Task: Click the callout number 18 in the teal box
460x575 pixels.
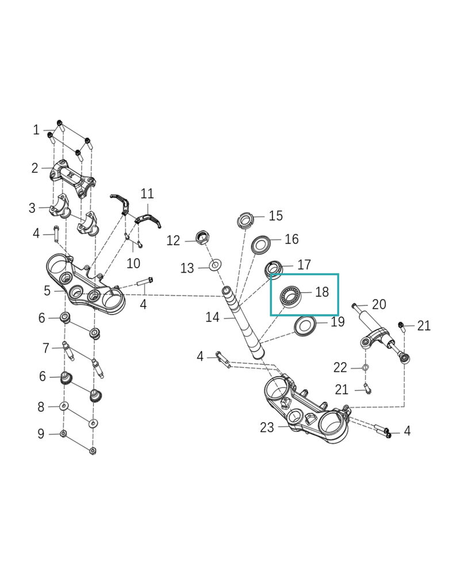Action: [x=322, y=292]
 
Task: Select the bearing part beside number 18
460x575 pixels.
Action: [x=290, y=296]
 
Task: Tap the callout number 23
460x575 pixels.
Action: [x=267, y=427]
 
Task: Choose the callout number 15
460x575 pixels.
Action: [x=276, y=216]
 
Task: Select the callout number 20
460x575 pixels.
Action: [x=379, y=304]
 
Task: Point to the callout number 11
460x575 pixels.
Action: [x=148, y=193]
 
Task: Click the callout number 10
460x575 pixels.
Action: [x=133, y=263]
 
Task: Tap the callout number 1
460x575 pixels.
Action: [x=36, y=130]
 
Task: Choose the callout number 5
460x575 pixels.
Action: [x=47, y=291]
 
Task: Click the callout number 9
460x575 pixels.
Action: [x=41, y=434]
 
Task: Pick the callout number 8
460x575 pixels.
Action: [x=41, y=407]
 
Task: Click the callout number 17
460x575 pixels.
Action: [x=304, y=264]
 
